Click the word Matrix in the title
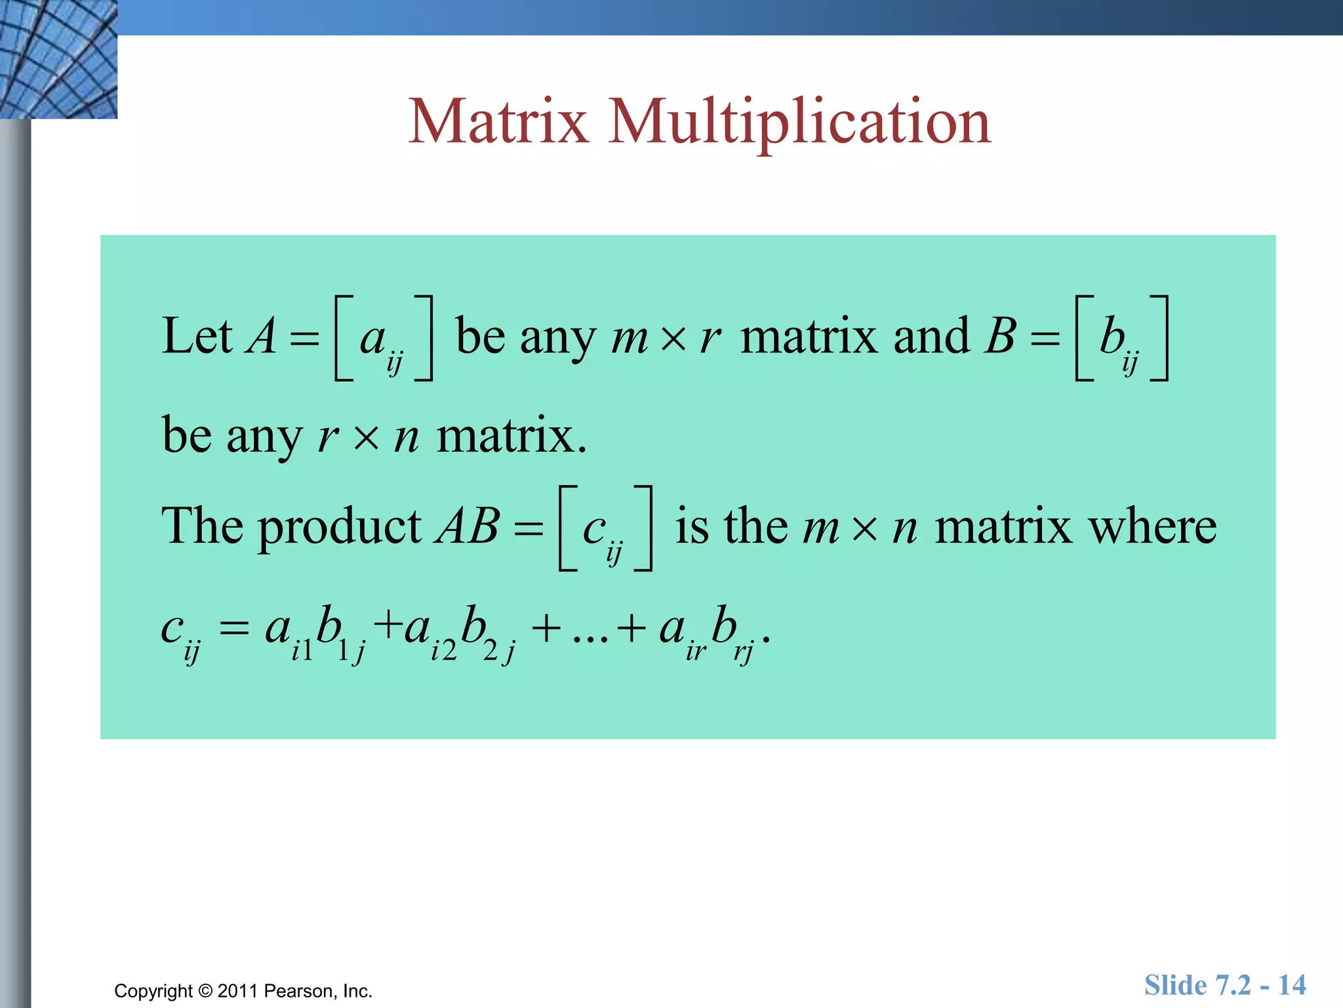(498, 121)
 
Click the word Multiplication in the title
(799, 123)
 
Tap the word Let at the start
(197, 337)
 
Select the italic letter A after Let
(262, 337)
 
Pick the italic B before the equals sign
(1001, 337)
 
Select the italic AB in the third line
(468, 527)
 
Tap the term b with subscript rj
(731, 633)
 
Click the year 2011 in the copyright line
(237, 991)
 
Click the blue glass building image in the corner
(58, 59)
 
